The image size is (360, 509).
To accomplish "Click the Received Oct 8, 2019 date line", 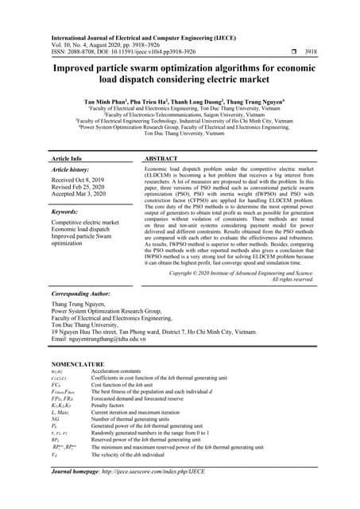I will [80, 180].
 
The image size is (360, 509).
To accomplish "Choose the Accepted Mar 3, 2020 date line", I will [82, 195].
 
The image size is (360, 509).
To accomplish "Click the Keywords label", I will [70, 212].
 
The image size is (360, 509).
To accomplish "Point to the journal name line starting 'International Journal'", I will [143, 37].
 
